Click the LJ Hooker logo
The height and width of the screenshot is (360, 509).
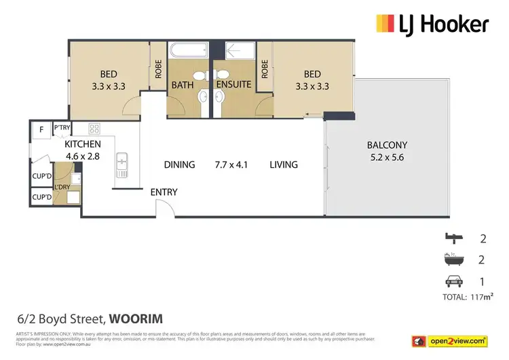pyautogui.click(x=432, y=25)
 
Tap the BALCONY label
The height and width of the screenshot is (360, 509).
pyautogui.click(x=387, y=145)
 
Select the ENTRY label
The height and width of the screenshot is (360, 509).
pyautogui.click(x=164, y=192)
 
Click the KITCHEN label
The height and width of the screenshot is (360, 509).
pyautogui.click(x=83, y=144)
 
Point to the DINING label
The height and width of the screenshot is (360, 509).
pyautogui.click(x=180, y=164)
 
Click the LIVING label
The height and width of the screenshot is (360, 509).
pyautogui.click(x=284, y=164)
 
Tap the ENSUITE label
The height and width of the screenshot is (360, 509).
pyautogui.click(x=234, y=85)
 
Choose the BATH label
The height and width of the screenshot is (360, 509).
pyautogui.click(x=183, y=85)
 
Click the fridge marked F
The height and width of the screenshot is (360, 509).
pyautogui.click(x=41, y=128)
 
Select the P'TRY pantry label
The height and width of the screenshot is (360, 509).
pyautogui.click(x=62, y=128)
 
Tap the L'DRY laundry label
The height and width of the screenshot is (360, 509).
pyautogui.click(x=63, y=187)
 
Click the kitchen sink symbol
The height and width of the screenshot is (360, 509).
pyautogui.click(x=122, y=163)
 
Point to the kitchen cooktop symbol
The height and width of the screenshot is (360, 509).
pyautogui.click(x=94, y=127)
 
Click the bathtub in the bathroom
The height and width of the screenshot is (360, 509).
pyautogui.click(x=189, y=50)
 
